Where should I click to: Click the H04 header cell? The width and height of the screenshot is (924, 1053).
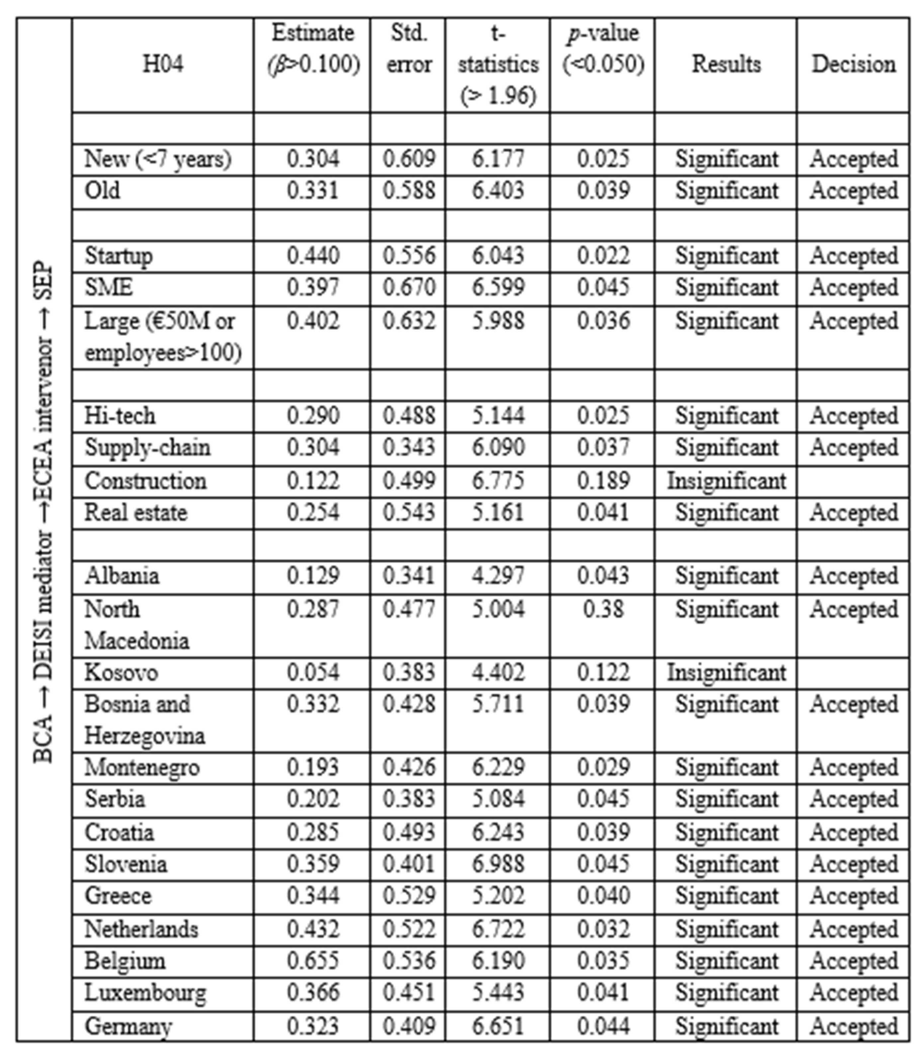click(x=163, y=64)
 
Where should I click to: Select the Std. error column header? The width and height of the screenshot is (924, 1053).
click(x=409, y=49)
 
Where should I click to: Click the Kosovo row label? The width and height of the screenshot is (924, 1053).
click(x=122, y=672)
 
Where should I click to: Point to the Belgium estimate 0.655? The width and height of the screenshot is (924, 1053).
click(x=313, y=961)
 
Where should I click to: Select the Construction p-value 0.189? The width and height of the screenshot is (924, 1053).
click(x=603, y=481)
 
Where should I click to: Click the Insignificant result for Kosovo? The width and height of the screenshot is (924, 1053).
click(x=726, y=672)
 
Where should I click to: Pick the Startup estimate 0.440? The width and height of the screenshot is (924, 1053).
click(x=313, y=255)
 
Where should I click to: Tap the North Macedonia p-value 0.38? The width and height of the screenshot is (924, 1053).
click(x=603, y=610)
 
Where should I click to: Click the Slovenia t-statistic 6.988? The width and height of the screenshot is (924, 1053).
click(x=498, y=864)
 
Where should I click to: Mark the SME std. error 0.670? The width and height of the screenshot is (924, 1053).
click(x=409, y=287)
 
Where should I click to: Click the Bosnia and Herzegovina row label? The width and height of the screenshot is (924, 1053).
click(x=144, y=720)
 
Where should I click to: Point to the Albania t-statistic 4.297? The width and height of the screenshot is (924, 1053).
click(x=498, y=575)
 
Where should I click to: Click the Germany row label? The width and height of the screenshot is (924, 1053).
click(x=128, y=1026)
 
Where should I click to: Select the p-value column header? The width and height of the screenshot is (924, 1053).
click(x=603, y=49)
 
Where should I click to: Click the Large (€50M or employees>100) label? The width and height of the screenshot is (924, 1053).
click(x=163, y=337)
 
